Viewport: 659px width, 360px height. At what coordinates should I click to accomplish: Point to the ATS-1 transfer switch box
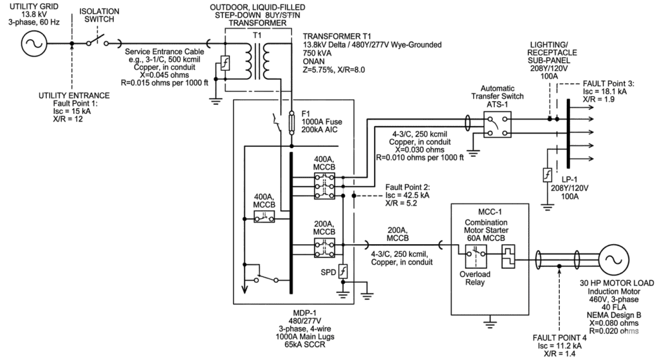pos(497,124)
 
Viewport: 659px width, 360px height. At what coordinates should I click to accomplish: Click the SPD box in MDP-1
pos(343,272)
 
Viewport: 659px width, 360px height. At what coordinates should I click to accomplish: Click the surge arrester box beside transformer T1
pos(226,64)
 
